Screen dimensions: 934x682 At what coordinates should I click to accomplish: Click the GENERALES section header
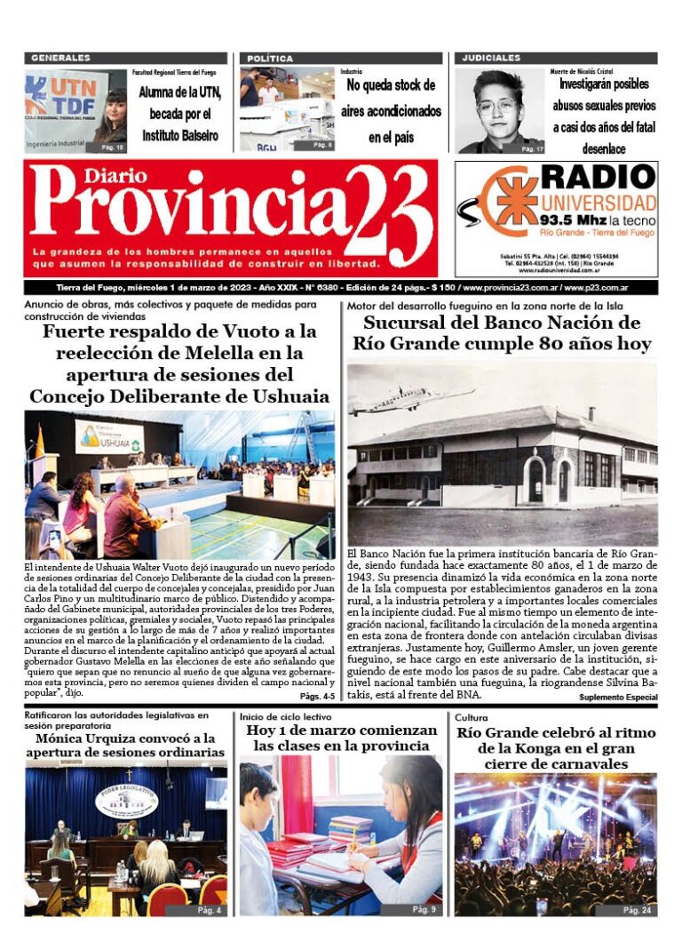tap(60, 58)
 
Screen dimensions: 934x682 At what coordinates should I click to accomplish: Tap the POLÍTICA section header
tap(270, 58)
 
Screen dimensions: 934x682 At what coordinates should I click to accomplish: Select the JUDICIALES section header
tap(491, 58)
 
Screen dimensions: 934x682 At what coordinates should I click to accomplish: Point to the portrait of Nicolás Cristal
tap(498, 110)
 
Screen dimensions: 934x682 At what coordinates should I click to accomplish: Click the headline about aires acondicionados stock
tap(392, 111)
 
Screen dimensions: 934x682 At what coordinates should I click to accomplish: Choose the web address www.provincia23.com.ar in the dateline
tap(509, 288)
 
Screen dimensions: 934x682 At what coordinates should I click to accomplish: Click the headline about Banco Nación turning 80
tap(502, 332)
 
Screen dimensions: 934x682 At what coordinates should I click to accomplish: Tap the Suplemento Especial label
tap(616, 698)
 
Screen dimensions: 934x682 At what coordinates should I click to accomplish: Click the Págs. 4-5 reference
tap(317, 696)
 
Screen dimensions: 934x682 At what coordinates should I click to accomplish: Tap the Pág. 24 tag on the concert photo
tap(636, 910)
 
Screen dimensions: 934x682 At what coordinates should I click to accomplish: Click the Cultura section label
tap(472, 716)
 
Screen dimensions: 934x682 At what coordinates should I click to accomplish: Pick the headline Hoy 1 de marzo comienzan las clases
tap(342, 738)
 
